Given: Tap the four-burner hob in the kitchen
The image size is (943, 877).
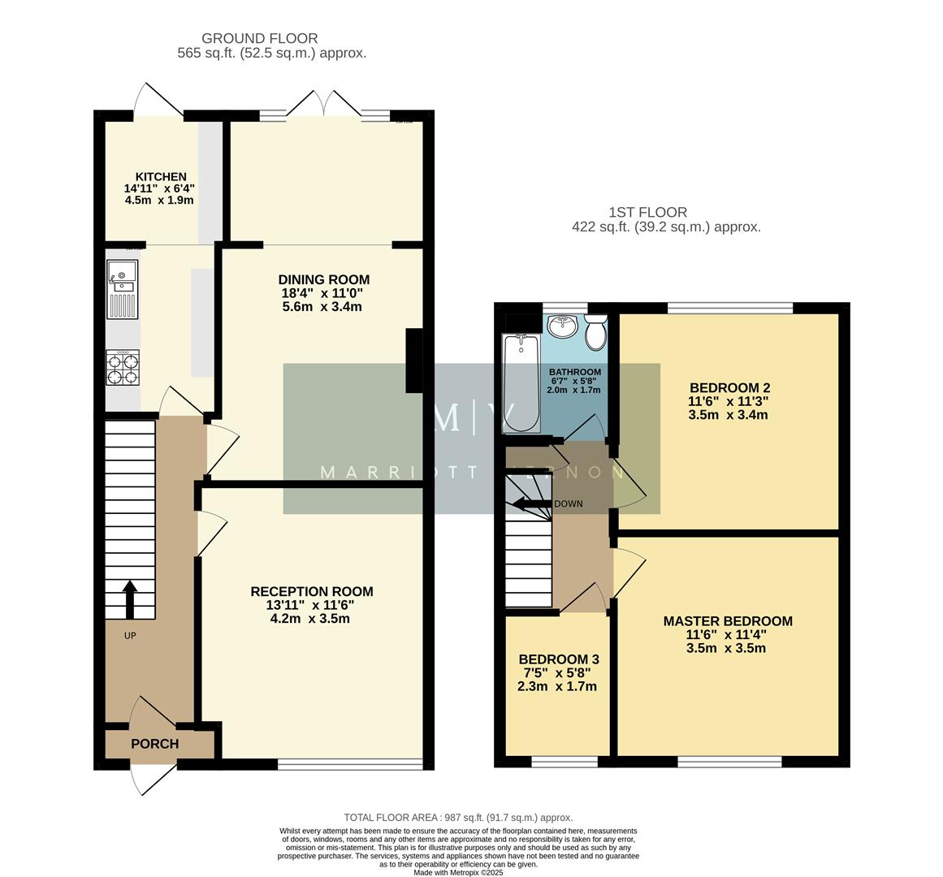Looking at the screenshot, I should (123, 367).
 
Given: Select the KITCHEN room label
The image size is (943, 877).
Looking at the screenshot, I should (161, 177).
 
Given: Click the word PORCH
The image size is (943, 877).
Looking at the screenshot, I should (154, 744).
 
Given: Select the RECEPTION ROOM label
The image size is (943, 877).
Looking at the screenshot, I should (312, 591).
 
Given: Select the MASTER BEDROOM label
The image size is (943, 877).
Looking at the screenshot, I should (728, 621).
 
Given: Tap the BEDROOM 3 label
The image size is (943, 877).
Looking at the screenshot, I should (559, 659).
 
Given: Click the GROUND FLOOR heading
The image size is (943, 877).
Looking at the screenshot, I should (259, 38).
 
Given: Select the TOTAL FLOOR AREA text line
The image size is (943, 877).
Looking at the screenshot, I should (458, 818).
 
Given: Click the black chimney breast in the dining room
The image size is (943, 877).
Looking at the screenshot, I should (414, 359).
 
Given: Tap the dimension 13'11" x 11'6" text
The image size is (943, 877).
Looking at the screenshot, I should (312, 605).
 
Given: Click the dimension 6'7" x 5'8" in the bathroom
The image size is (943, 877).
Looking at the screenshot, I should (574, 381).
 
